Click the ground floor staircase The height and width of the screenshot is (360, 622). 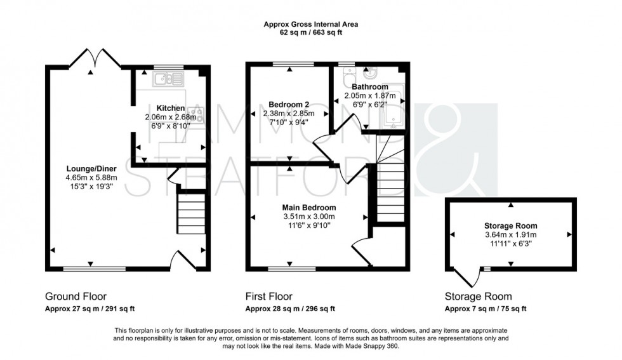point(191,214)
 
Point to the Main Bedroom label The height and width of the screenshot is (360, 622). point(309,207)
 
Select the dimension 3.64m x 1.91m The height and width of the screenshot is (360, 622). point(510,234)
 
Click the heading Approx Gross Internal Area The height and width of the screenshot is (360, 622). point(310,25)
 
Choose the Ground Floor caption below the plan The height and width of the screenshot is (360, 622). point(76,297)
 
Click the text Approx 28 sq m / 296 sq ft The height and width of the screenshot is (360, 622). point(290,309)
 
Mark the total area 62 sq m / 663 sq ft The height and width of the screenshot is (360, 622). point(310,33)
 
